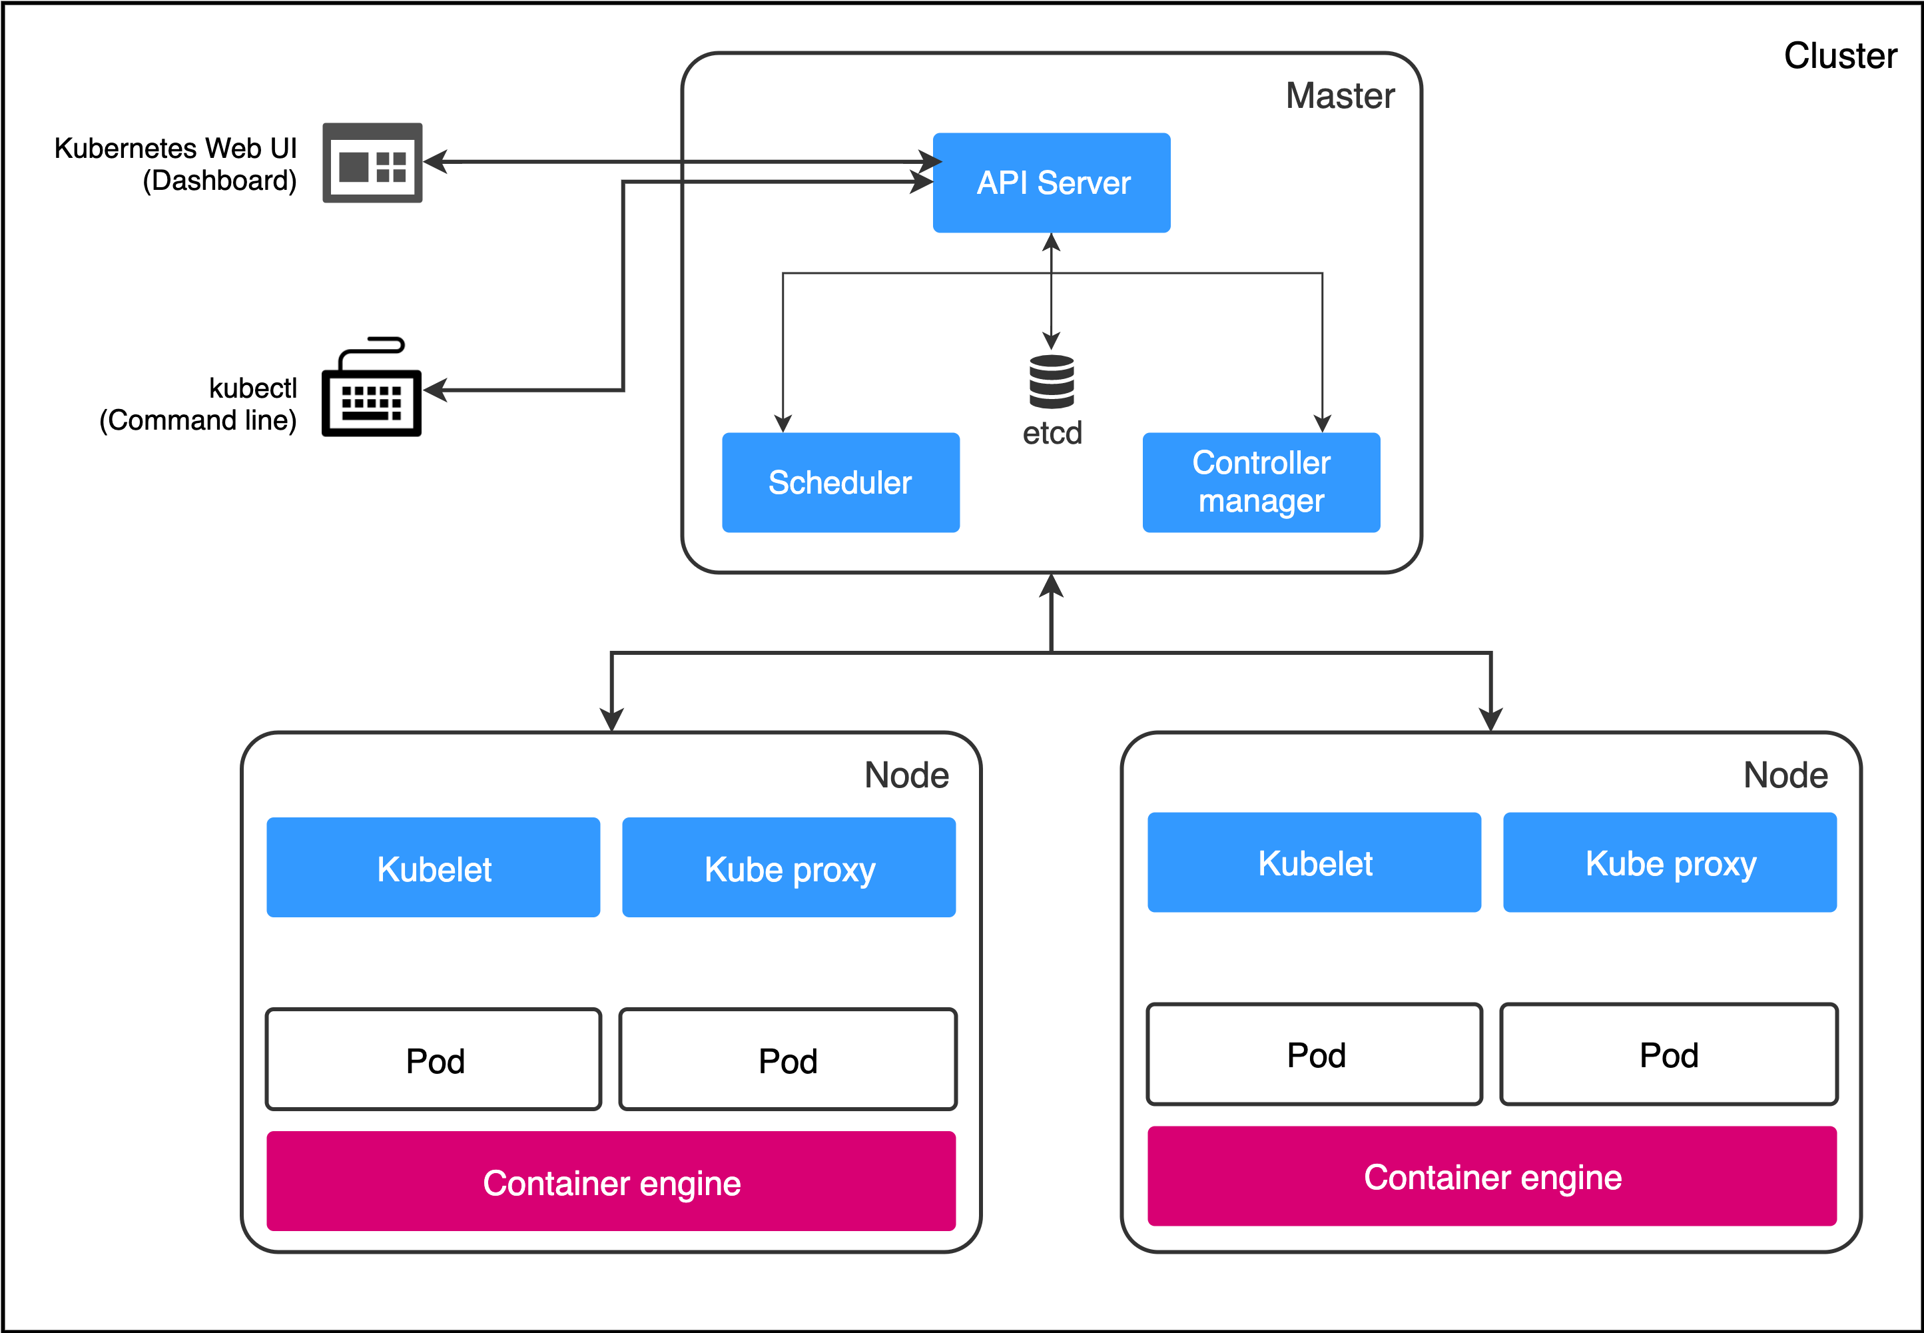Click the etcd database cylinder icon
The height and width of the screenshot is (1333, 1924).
pyautogui.click(x=1052, y=382)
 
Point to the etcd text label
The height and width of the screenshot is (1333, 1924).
pyautogui.click(x=1052, y=434)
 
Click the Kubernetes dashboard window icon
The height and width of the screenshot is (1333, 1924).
pyautogui.click(x=372, y=163)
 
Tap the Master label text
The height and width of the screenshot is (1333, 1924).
pyautogui.click(x=1339, y=96)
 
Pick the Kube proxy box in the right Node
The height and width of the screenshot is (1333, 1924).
pyautogui.click(x=1670, y=862)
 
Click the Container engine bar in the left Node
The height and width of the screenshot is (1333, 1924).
pyautogui.click(x=611, y=1181)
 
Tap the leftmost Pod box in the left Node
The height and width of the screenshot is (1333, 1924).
pyautogui.click(x=433, y=1059)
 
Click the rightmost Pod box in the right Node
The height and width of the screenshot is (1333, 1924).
pyautogui.click(x=1668, y=1054)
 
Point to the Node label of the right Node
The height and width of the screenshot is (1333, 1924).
pyautogui.click(x=1785, y=775)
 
